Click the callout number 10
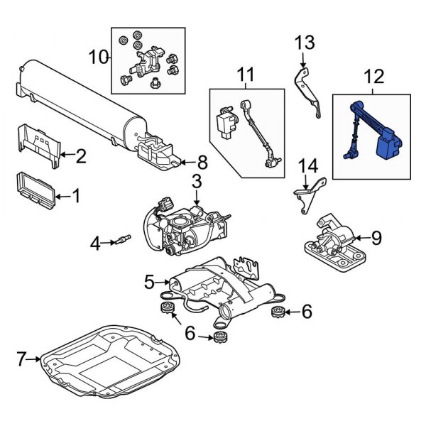pyautogui.click(x=99, y=55)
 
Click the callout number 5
pyautogui.click(x=149, y=283)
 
